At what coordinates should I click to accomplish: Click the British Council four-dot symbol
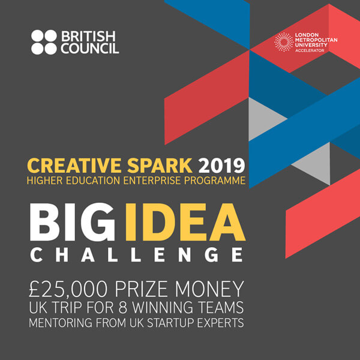click(44, 42)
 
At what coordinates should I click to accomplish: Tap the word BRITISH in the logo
click(88, 36)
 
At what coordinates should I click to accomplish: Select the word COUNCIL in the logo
click(90, 48)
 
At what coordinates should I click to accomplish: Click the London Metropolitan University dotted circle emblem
click(284, 42)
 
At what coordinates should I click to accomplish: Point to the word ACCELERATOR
click(310, 50)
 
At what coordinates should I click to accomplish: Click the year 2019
click(221, 166)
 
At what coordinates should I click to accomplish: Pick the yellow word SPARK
click(160, 166)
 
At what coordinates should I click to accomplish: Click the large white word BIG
click(73, 222)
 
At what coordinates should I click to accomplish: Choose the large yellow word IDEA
click(185, 222)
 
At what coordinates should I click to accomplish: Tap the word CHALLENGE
click(136, 254)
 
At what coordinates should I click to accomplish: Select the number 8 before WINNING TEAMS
click(123, 307)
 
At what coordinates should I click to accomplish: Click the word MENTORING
click(61, 323)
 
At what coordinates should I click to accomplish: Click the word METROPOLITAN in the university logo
click(316, 40)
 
